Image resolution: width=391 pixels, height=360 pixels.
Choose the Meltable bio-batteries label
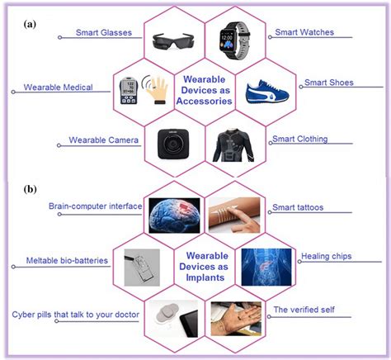pos(65,262)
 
